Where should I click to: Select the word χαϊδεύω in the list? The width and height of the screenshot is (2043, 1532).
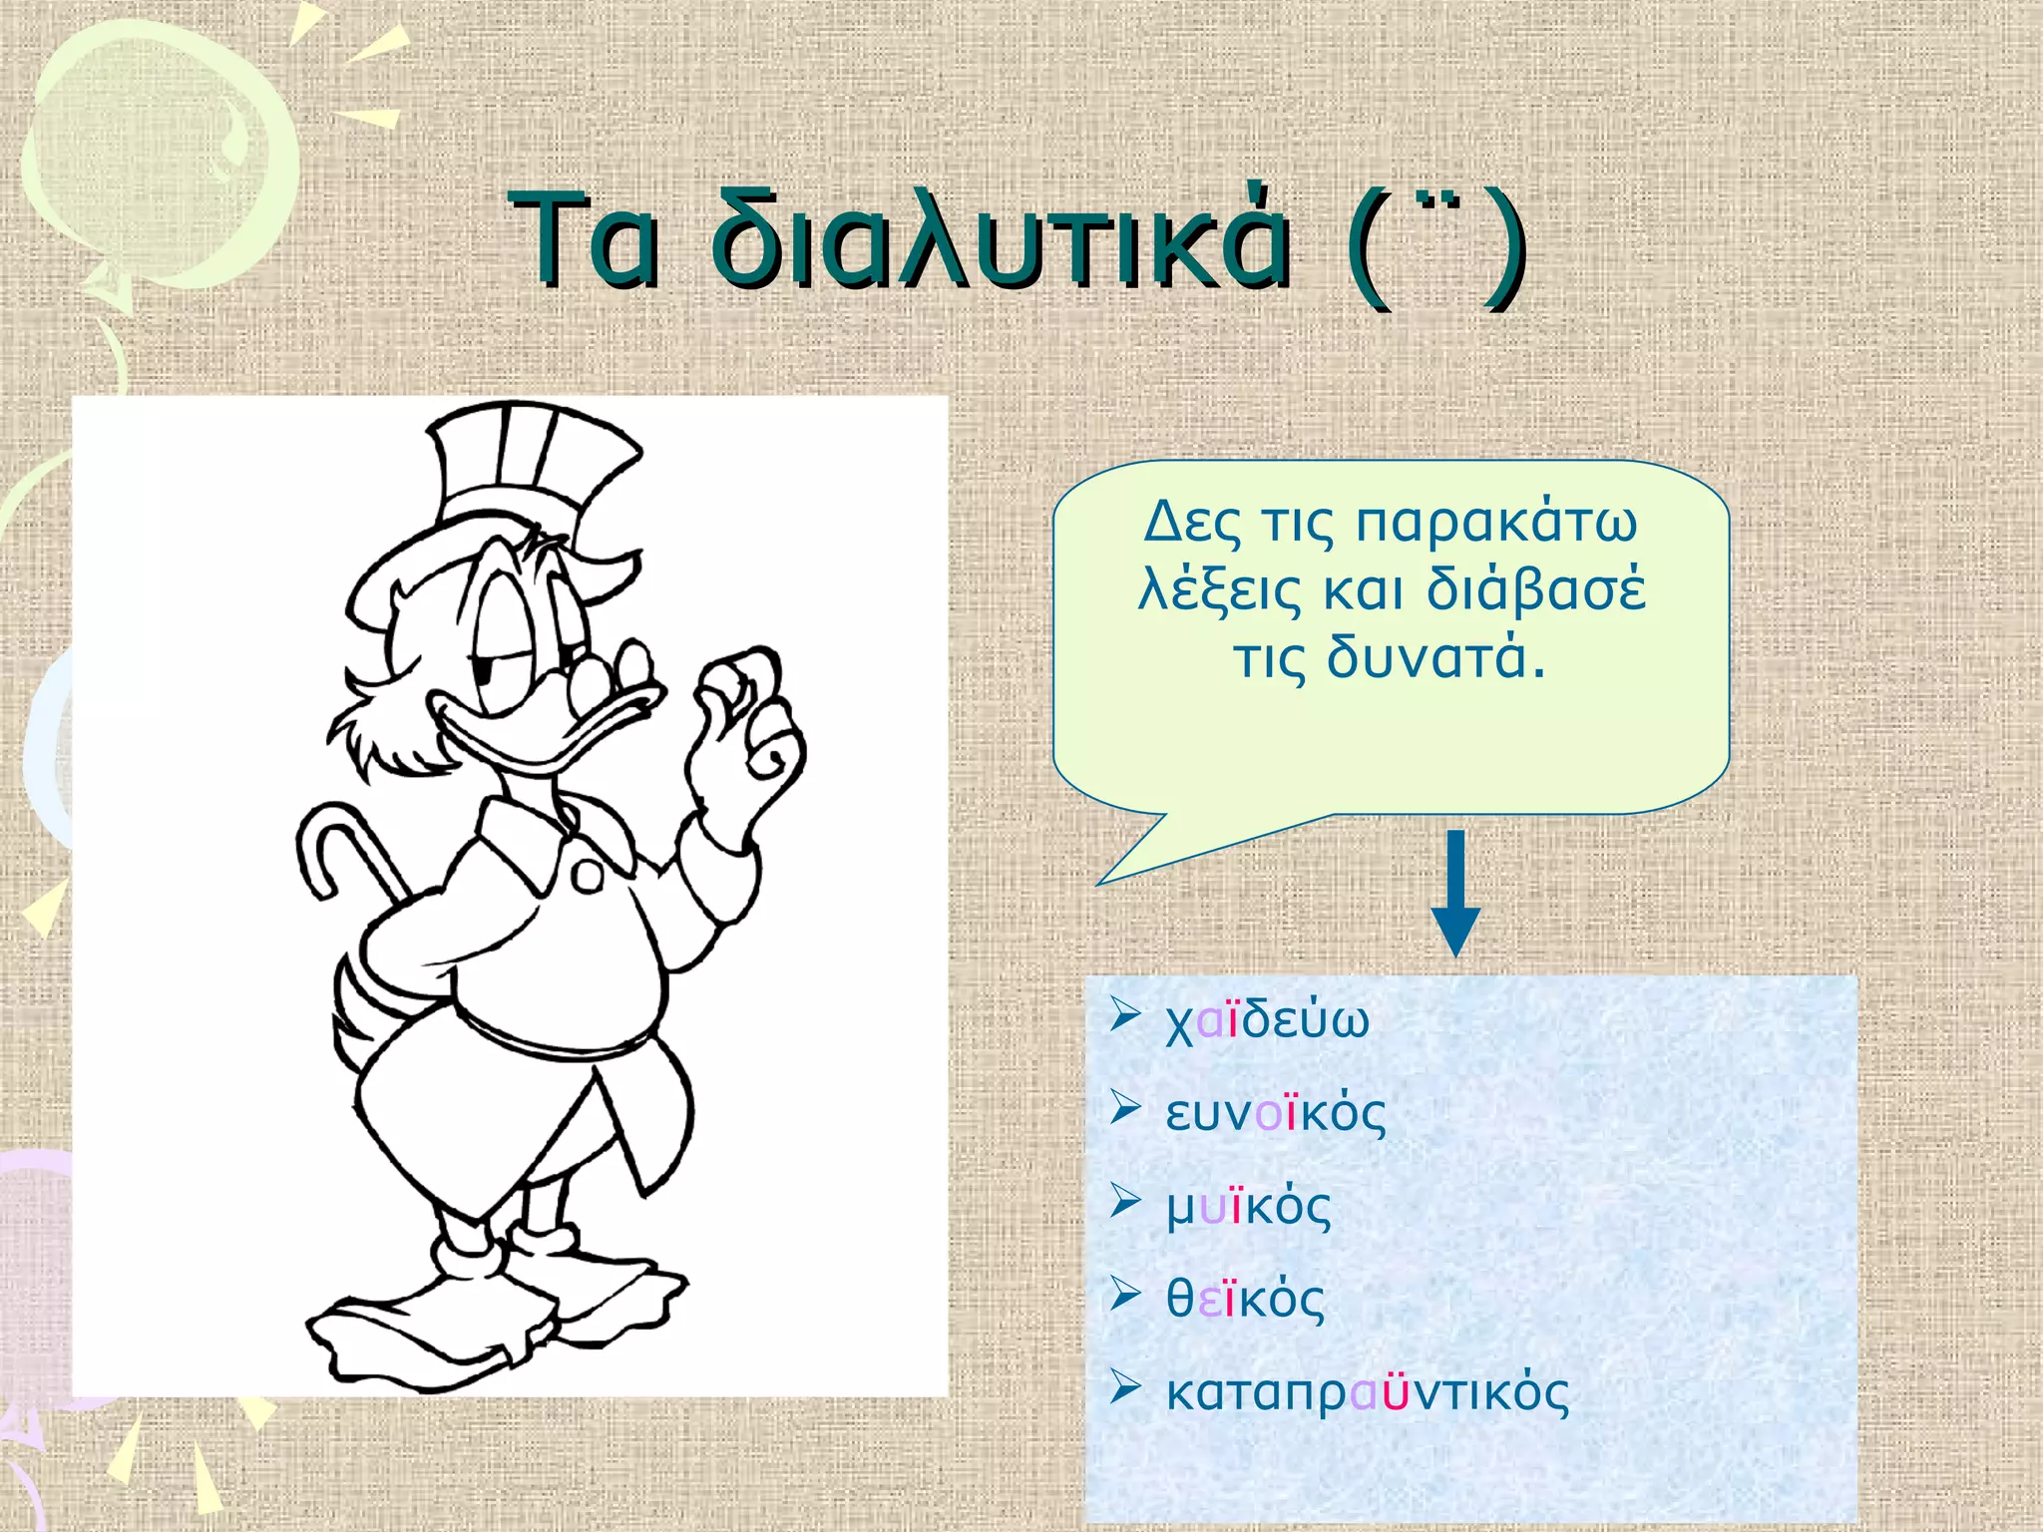[x=1268, y=1020]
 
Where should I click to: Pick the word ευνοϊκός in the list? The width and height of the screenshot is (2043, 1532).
[x=1276, y=1113]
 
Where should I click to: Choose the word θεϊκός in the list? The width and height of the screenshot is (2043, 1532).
[x=1246, y=1299]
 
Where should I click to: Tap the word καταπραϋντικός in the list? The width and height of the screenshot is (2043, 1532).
[x=1368, y=1392]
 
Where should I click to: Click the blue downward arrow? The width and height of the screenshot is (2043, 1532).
[x=1455, y=893]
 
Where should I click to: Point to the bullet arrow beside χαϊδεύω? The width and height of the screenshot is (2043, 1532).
[x=1125, y=1016]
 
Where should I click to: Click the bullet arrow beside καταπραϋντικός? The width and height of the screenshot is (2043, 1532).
[x=1125, y=1387]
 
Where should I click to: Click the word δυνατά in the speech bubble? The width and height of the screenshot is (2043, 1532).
[x=1435, y=658]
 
